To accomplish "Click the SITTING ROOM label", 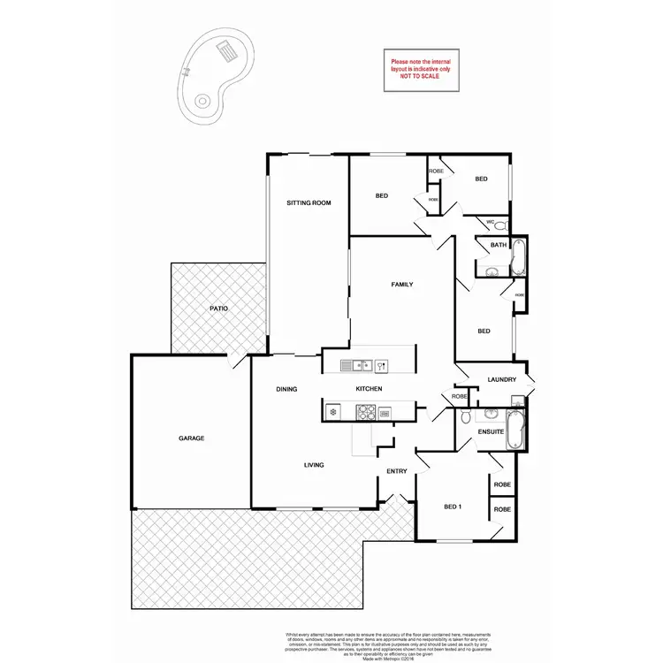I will click(x=309, y=203).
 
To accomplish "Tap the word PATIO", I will click(x=218, y=309).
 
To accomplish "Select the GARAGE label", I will click(x=192, y=438).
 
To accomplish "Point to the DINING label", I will click(x=286, y=389).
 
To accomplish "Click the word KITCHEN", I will click(x=369, y=389).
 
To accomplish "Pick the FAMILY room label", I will click(x=403, y=284).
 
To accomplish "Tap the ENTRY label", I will click(x=396, y=471).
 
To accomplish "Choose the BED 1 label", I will click(x=453, y=507).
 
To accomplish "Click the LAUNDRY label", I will click(x=501, y=380).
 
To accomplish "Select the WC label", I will click(x=490, y=221).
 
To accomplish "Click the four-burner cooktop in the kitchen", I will click(x=366, y=411).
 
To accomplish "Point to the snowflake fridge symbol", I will click(x=332, y=411).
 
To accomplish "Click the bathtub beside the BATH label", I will click(x=518, y=257).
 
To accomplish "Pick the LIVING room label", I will click(x=314, y=465).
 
